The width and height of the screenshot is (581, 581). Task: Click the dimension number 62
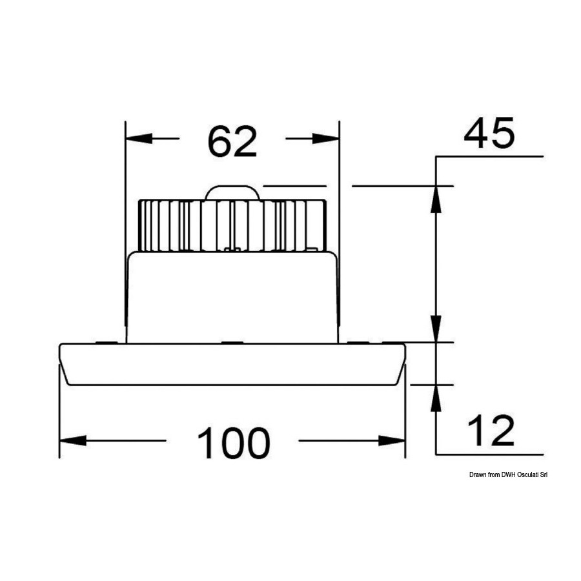click(x=232, y=141)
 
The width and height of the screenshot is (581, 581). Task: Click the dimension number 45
click(x=489, y=132)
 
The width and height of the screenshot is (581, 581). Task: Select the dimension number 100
click(x=234, y=443)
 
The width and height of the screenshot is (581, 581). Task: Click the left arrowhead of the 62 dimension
click(x=139, y=139)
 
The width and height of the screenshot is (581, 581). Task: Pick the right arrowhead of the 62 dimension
click(x=326, y=139)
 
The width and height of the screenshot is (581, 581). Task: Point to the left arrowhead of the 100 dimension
click(x=73, y=440)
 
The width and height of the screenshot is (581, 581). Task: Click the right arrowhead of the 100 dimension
click(x=392, y=440)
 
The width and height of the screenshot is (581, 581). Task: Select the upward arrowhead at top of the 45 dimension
click(x=436, y=199)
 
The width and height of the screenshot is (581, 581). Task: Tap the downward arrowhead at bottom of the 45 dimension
click(x=436, y=329)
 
